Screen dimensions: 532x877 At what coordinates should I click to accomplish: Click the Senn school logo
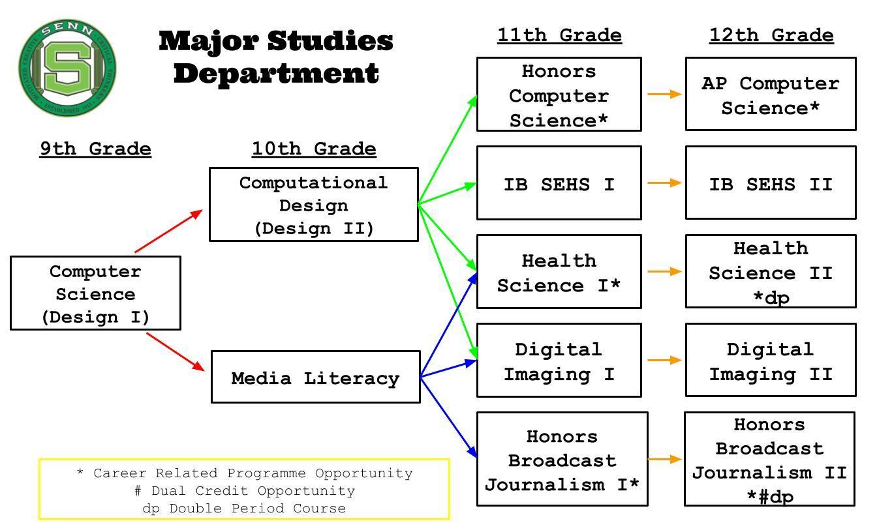69,68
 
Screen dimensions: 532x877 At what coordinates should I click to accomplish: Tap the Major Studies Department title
276,57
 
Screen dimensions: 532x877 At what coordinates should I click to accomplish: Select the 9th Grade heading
95,149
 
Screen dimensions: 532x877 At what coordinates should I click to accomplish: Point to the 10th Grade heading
314,149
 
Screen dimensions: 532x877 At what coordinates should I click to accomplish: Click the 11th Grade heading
559,35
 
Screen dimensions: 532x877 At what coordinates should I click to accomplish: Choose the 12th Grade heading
771,35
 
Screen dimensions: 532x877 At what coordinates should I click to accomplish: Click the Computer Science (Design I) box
95,293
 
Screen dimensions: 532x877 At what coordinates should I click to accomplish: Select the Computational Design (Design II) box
313,205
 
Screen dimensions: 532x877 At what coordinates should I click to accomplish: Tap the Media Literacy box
315,377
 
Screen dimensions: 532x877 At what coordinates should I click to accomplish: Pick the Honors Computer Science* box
559,95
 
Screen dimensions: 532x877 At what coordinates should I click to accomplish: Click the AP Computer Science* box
771,95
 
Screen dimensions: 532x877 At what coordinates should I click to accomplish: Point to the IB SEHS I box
559,183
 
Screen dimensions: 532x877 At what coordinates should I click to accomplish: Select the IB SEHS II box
771,183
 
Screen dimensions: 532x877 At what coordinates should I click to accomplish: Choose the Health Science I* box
559,272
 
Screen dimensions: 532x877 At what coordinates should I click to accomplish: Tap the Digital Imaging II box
771,361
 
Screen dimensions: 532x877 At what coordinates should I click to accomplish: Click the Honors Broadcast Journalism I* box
562,459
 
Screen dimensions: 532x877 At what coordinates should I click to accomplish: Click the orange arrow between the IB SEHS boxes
664,183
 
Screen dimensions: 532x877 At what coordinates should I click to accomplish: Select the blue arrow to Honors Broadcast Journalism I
449,417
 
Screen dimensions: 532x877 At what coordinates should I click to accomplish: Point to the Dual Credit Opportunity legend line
245,491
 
